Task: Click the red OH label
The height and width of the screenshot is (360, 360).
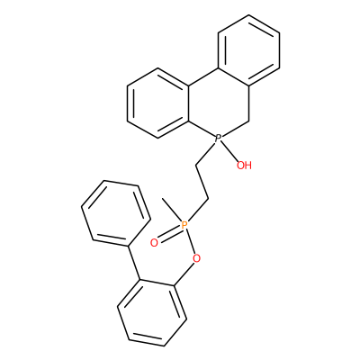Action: point(244,165)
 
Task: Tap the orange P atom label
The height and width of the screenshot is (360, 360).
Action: point(184,225)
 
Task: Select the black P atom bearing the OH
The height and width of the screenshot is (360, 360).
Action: point(219,139)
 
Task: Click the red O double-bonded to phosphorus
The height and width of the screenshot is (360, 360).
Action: point(154,242)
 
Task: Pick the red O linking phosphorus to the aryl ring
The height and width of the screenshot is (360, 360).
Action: point(196,258)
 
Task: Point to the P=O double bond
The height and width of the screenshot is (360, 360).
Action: point(169,233)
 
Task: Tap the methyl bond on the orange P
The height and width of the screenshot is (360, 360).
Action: point(172,210)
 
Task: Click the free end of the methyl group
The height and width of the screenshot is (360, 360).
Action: point(162,198)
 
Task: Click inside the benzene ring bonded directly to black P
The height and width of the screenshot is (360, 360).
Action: point(157,103)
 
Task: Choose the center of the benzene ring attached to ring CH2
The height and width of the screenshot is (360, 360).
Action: point(249,50)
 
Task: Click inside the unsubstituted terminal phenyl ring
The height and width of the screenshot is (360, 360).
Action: point(115,213)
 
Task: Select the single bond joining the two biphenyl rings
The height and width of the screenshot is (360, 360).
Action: point(134,263)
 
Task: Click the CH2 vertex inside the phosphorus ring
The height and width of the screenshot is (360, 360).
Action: point(249,121)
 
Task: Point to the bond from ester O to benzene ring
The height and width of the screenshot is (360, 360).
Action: point(184,274)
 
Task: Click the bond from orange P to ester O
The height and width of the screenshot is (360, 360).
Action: point(190,241)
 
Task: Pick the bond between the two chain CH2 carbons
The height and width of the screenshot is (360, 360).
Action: point(202,182)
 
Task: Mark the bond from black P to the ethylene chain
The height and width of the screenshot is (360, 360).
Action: point(205,153)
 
